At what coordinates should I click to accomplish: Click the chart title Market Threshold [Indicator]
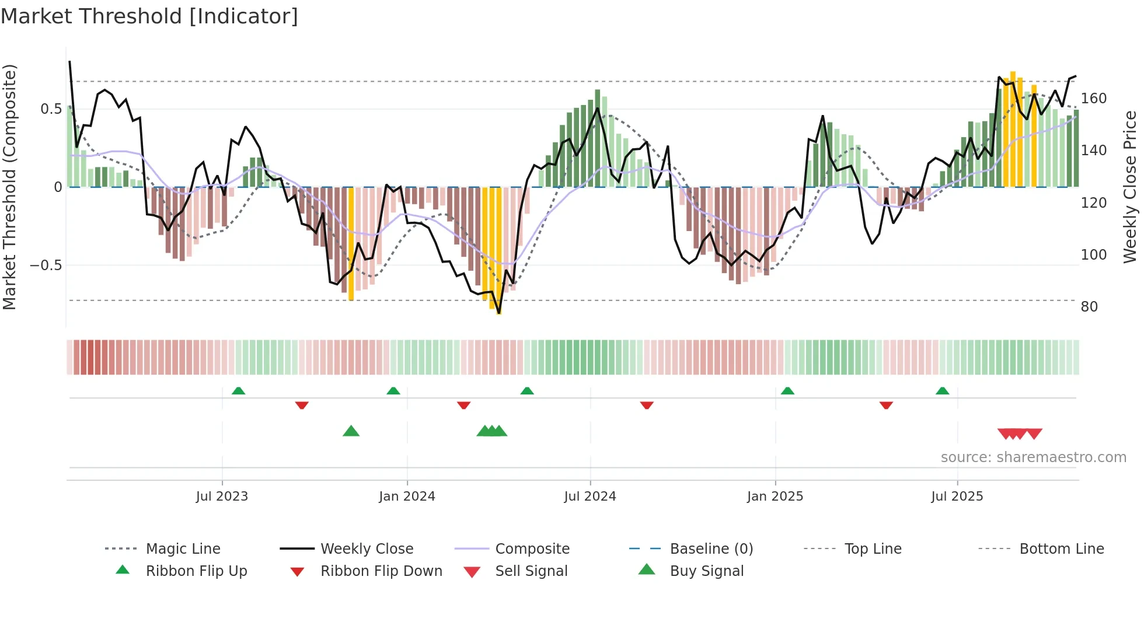(x=149, y=16)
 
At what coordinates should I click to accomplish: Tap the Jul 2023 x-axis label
(x=222, y=497)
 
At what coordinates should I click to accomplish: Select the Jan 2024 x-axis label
(x=407, y=497)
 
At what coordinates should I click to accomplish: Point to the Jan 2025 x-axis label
(x=775, y=497)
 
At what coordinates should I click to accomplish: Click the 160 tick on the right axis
(x=1093, y=99)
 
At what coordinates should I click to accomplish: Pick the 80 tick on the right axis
(x=1089, y=307)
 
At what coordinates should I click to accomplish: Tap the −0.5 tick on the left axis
(x=46, y=265)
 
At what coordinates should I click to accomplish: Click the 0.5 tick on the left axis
(x=51, y=109)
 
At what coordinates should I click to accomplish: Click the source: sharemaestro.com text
(x=1033, y=457)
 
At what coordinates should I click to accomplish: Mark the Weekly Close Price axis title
(x=1130, y=187)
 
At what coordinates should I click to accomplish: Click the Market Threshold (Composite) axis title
(x=9, y=187)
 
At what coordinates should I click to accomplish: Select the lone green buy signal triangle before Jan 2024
(x=351, y=431)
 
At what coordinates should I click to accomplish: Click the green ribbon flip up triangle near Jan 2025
(x=787, y=391)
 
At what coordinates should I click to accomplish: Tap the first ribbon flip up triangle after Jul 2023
(x=238, y=391)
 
